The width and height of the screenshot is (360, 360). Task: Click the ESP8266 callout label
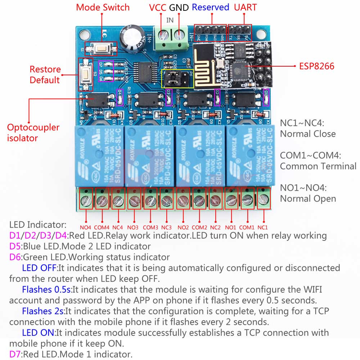[x=316, y=66]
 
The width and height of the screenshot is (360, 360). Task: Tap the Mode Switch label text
[x=103, y=7]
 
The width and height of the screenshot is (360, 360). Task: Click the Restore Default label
[x=45, y=75]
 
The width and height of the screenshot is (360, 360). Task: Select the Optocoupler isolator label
[x=33, y=132]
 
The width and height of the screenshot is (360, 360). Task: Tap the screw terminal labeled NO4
[x=86, y=198]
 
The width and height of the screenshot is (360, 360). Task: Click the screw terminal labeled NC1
[x=264, y=198]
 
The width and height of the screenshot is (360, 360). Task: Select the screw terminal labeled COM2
[x=199, y=198]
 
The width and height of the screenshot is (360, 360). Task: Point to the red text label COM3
[x=150, y=228]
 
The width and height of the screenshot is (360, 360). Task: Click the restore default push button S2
[x=86, y=75]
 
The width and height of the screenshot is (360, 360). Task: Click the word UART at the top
[x=245, y=7]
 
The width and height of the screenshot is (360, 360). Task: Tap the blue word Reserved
[x=210, y=7]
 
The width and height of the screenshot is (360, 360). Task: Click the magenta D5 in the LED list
[x=15, y=247]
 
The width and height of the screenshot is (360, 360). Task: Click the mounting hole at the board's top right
[x=260, y=35]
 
